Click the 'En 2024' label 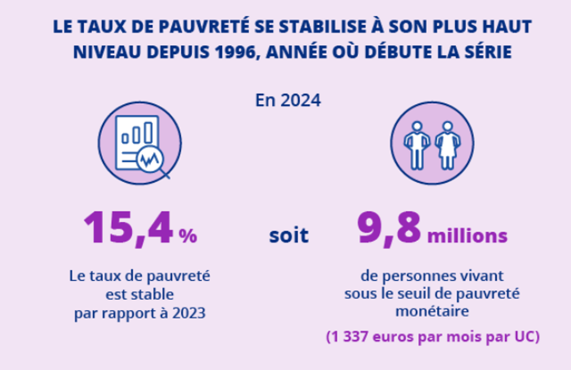click(288, 100)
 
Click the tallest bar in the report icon click(148, 133)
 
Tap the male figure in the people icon click(417, 145)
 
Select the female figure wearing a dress click(448, 145)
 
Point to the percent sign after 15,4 click(188, 236)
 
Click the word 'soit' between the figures click(289, 235)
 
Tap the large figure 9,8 click(389, 228)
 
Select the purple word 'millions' click(467, 236)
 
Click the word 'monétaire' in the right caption click(432, 311)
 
